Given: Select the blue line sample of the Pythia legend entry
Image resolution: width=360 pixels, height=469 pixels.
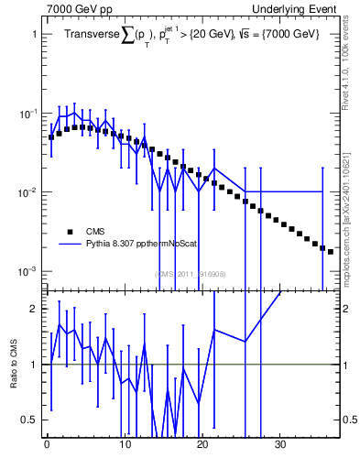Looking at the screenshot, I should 69,245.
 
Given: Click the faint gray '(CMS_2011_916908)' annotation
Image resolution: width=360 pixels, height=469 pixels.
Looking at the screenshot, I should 190,273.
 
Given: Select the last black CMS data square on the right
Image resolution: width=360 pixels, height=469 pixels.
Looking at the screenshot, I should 331,251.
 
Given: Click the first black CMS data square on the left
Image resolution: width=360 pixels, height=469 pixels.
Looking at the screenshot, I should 51,137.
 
